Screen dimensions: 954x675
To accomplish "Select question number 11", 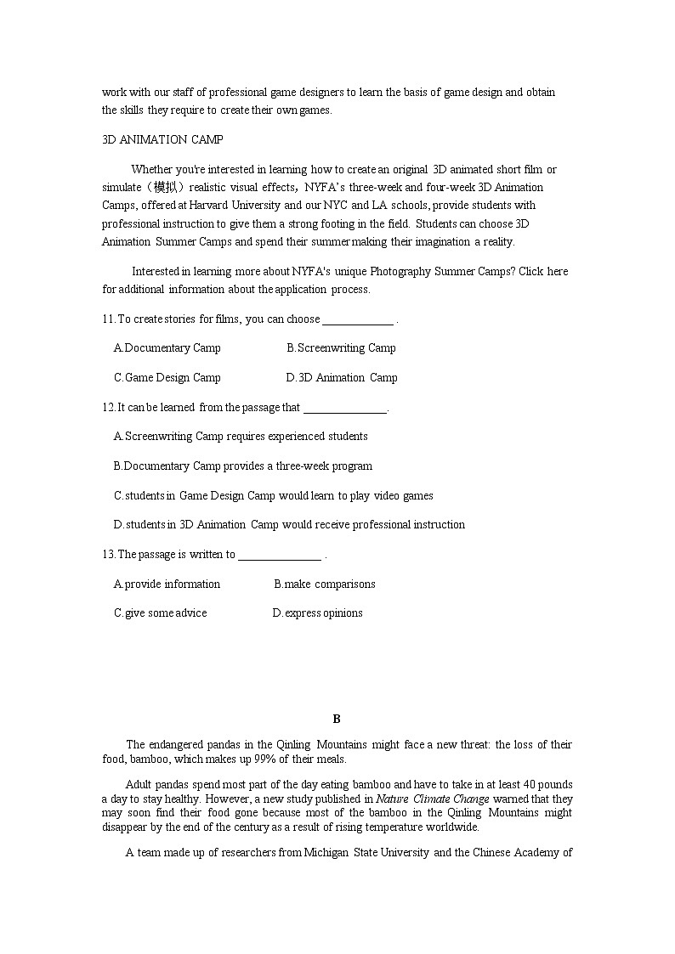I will coord(108,319).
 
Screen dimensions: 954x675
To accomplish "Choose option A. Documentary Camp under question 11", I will coord(167,348).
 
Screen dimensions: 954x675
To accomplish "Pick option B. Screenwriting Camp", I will coord(341,348).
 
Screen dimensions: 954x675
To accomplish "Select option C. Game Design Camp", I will coord(167,378).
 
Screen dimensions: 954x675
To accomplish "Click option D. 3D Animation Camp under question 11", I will coord(342,378).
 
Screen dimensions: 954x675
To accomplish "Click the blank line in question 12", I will coord(345,409).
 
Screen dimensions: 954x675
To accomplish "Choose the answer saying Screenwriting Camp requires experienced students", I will coord(241,437).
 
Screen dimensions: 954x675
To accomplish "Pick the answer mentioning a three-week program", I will coord(243,466).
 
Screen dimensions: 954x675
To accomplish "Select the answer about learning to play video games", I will coord(274,496).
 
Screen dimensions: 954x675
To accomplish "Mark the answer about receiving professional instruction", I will coord(289,525).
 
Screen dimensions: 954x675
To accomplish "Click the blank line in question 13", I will coord(280,556).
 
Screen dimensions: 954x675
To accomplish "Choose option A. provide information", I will coord(167,584).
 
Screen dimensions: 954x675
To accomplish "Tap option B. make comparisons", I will coord(324,584).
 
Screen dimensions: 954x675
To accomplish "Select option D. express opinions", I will coord(317,613).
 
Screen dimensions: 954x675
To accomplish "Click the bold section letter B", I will coord(337,720).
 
